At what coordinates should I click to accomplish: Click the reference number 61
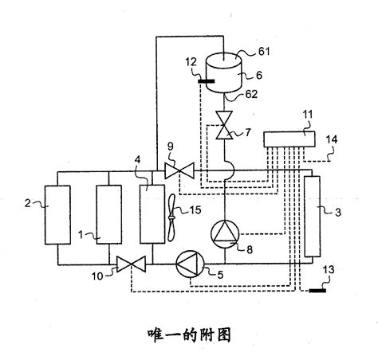click(264, 52)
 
